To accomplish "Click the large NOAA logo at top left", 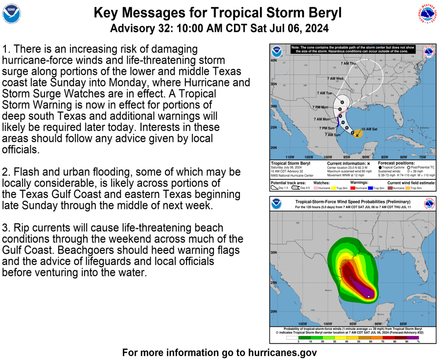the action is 12,14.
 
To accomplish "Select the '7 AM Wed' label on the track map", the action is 335,79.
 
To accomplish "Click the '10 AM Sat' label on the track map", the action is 369,129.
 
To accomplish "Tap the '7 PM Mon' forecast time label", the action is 320,107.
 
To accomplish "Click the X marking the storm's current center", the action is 358,135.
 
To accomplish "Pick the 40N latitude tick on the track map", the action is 274,61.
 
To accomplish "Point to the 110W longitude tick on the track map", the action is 290,157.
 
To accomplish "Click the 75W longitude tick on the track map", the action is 422,157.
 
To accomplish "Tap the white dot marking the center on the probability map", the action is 369,296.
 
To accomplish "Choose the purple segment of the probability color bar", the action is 413,337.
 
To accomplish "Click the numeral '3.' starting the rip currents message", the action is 7,228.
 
